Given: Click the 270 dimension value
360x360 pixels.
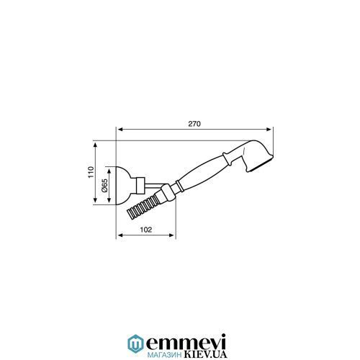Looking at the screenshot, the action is (x=194, y=124).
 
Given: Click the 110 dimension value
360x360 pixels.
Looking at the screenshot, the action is (x=91, y=172).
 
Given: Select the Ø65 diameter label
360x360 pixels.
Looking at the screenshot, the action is (x=104, y=186).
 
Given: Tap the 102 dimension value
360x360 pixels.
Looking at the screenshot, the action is (x=146, y=230).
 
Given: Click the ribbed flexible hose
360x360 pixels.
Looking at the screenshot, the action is (x=142, y=206).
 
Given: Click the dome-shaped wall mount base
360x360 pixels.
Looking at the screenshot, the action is (x=124, y=186).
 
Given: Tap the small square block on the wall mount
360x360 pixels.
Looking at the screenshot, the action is (x=140, y=186).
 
